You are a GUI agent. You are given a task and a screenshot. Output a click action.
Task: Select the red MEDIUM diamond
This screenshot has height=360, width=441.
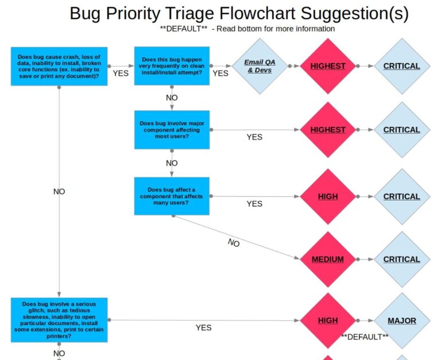(x=327, y=260)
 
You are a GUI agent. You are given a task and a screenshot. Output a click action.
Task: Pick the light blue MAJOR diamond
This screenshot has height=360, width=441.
(x=402, y=320)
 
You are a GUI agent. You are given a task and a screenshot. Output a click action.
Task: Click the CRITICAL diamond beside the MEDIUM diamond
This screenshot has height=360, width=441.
(x=401, y=260)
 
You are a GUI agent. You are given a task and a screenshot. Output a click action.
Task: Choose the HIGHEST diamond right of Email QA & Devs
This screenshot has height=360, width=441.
(x=328, y=66)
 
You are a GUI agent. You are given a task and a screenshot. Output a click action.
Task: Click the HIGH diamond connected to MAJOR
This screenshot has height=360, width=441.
(x=328, y=320)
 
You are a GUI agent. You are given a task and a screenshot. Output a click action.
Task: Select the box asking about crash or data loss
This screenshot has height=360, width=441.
(x=59, y=66)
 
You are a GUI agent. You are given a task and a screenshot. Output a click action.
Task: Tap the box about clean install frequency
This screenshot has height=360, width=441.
(x=172, y=66)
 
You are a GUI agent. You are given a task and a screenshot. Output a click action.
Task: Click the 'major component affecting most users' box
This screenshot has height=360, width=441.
(x=172, y=130)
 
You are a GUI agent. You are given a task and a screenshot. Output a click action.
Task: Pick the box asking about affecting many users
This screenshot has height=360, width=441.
(x=172, y=196)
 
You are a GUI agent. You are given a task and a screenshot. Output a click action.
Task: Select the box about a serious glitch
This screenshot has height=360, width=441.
(x=59, y=320)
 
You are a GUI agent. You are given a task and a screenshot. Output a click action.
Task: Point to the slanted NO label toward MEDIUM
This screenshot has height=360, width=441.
(x=234, y=243)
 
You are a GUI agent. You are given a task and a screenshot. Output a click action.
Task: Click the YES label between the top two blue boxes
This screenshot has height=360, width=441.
(x=121, y=73)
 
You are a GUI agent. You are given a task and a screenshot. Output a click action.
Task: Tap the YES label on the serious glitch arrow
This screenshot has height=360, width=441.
(x=203, y=328)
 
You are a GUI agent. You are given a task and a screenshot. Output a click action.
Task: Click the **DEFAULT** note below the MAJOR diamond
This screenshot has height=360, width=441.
(x=365, y=337)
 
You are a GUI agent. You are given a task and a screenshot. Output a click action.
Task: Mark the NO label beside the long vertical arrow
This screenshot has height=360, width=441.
(x=59, y=192)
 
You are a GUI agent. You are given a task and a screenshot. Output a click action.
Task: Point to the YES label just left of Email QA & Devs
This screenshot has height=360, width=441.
(x=220, y=73)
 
